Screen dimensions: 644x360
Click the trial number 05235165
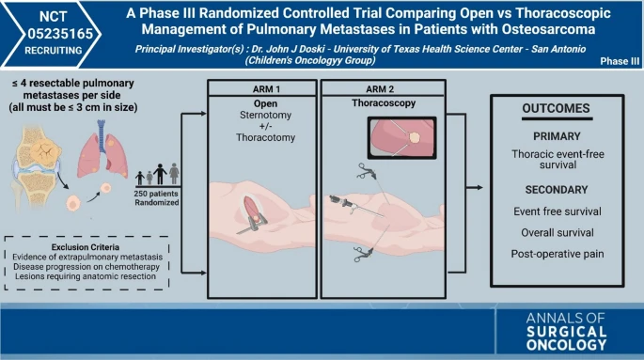(x=60, y=34)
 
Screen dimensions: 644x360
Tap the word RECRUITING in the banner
(x=54, y=51)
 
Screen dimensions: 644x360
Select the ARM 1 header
(x=266, y=89)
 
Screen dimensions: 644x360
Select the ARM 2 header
(x=380, y=89)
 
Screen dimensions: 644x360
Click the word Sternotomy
(x=266, y=115)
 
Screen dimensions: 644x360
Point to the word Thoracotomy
(x=265, y=137)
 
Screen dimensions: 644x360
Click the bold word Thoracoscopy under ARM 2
(x=384, y=103)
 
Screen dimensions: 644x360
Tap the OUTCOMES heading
(x=557, y=108)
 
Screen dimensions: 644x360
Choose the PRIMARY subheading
(x=557, y=136)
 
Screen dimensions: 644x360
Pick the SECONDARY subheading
(x=557, y=190)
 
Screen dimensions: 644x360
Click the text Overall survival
(x=558, y=233)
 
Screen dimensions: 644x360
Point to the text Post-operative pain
(x=558, y=254)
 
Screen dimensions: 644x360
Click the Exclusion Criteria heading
(x=86, y=247)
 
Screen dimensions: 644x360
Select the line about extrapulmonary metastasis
(x=87, y=257)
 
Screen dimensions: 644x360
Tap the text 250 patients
(x=156, y=194)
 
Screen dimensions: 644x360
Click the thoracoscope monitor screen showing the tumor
(x=402, y=138)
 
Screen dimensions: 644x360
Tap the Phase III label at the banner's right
(x=620, y=61)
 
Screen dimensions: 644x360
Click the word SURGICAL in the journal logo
(x=566, y=332)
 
